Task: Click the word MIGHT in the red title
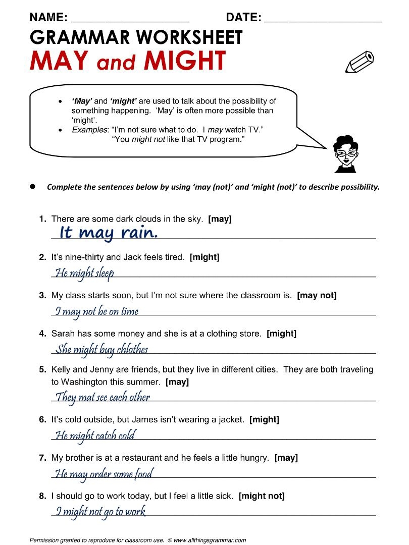click(x=184, y=61)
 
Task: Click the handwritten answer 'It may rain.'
click(x=109, y=233)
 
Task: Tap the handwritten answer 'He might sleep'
click(x=84, y=273)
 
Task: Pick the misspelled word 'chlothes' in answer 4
click(x=132, y=349)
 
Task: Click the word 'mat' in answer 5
click(x=86, y=397)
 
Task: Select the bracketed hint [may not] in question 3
click(x=317, y=295)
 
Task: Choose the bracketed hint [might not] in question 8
click(x=261, y=496)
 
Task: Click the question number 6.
click(x=42, y=419)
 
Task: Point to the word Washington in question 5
click(x=84, y=382)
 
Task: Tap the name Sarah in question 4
click(x=62, y=334)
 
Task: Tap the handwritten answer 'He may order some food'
click(x=104, y=474)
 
